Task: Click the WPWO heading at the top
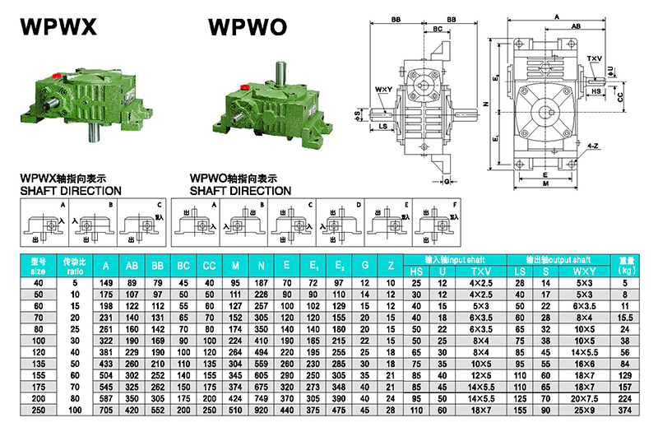pos(248,27)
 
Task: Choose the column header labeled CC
pos(210,266)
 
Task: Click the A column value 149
pos(105,282)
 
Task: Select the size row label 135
pos(39,363)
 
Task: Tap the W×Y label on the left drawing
pos(382,89)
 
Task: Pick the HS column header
pos(415,271)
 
